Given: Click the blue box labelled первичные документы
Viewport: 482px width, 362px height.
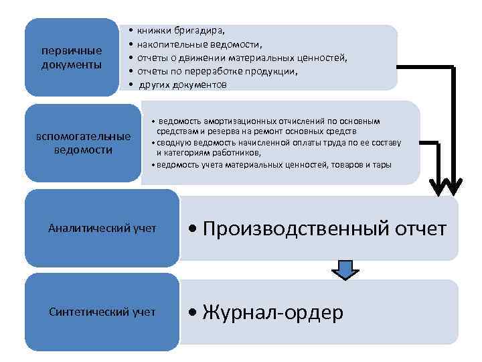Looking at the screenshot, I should click(72, 58).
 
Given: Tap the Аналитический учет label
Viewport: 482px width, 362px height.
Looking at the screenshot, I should click(102, 228).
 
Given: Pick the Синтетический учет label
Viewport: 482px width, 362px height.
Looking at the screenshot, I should click(102, 312).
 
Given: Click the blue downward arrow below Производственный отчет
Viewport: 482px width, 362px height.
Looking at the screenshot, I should click(345, 270).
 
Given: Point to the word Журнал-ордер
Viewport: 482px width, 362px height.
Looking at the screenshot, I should click(272, 312).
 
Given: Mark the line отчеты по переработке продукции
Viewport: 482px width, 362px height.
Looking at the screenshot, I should click(218, 71).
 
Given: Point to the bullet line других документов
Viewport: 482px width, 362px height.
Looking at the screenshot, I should click(183, 84).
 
